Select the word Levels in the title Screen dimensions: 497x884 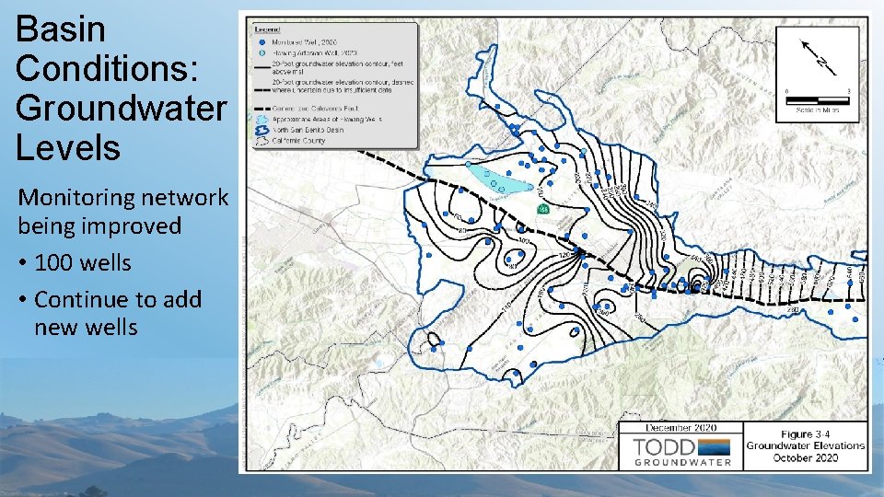(x=68, y=147)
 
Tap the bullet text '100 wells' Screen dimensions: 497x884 (x=83, y=263)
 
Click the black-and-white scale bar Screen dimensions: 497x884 (x=818, y=98)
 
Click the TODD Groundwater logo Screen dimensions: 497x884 (x=681, y=450)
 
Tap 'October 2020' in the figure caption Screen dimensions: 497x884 (x=806, y=457)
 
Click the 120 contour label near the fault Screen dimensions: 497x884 (x=564, y=254)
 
